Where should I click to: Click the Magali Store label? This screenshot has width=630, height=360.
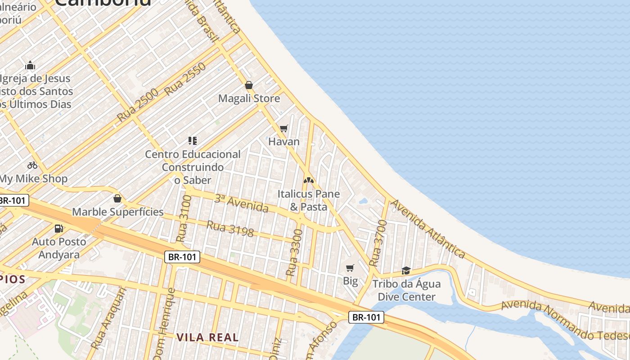pyautogui.click(x=249, y=99)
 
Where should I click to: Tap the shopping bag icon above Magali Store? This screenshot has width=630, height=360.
pyautogui.click(x=249, y=85)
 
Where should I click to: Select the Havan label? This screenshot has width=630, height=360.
pyautogui.click(x=284, y=142)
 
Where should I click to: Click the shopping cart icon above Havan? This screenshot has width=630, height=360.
pyautogui.click(x=284, y=129)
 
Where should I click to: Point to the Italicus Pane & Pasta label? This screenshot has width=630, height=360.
pyautogui.click(x=308, y=200)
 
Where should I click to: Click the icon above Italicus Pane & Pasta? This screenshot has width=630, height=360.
pyautogui.click(x=308, y=180)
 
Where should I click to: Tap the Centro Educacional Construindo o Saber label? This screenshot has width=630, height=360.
pyautogui.click(x=193, y=167)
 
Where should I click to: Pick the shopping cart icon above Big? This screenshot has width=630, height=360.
pyautogui.click(x=350, y=268)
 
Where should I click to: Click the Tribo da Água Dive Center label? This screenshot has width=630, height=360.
pyautogui.click(x=406, y=290)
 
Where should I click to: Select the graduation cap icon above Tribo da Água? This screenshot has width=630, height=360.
pyautogui.click(x=406, y=270)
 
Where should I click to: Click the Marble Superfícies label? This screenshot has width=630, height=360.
pyautogui.click(x=118, y=211)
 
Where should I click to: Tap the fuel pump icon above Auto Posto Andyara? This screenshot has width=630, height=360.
pyautogui.click(x=59, y=229)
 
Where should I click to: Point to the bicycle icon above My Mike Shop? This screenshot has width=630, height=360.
pyautogui.click(x=32, y=165)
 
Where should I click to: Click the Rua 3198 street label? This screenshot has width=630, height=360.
pyautogui.click(x=230, y=229)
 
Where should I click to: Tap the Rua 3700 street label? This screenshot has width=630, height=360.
pyautogui.click(x=378, y=243)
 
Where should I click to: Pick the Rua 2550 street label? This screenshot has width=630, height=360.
pyautogui.click(x=185, y=79)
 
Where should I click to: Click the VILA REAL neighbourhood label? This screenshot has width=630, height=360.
pyautogui.click(x=207, y=337)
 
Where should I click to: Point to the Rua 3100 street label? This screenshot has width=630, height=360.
pyautogui.click(x=184, y=219)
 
